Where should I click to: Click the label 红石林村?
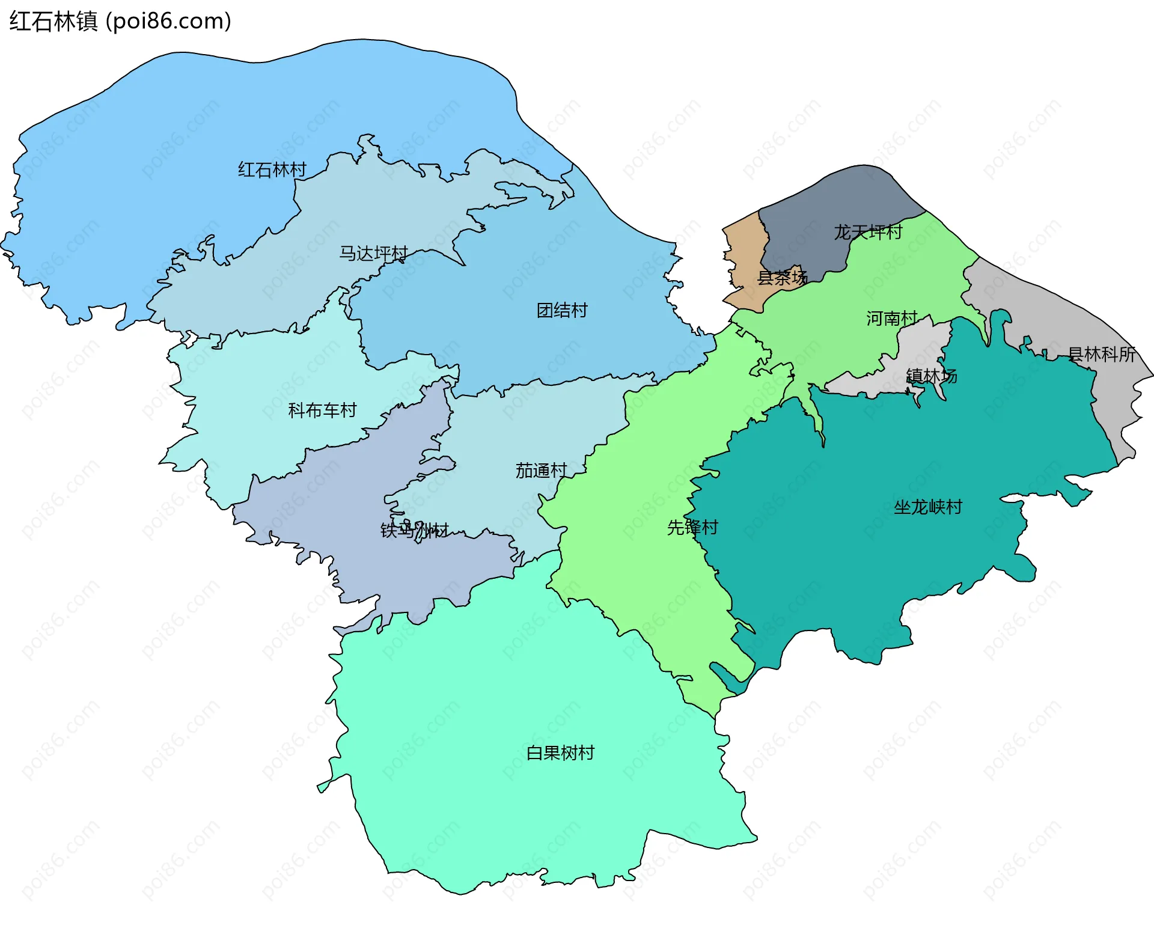(272, 169)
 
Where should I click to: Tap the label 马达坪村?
(373, 253)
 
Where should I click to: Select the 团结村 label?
(561, 310)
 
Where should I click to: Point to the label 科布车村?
(322, 410)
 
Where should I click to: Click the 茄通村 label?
(541, 470)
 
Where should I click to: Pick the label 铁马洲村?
(414, 530)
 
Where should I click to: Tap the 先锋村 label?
(692, 527)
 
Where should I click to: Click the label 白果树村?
(560, 752)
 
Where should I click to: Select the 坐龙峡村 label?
(927, 507)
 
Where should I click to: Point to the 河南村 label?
(891, 318)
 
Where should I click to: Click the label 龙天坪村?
(868, 232)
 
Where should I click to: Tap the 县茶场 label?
(781, 278)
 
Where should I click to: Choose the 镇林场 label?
(931, 376)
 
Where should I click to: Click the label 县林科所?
(1101, 354)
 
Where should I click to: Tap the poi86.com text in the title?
(168, 22)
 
